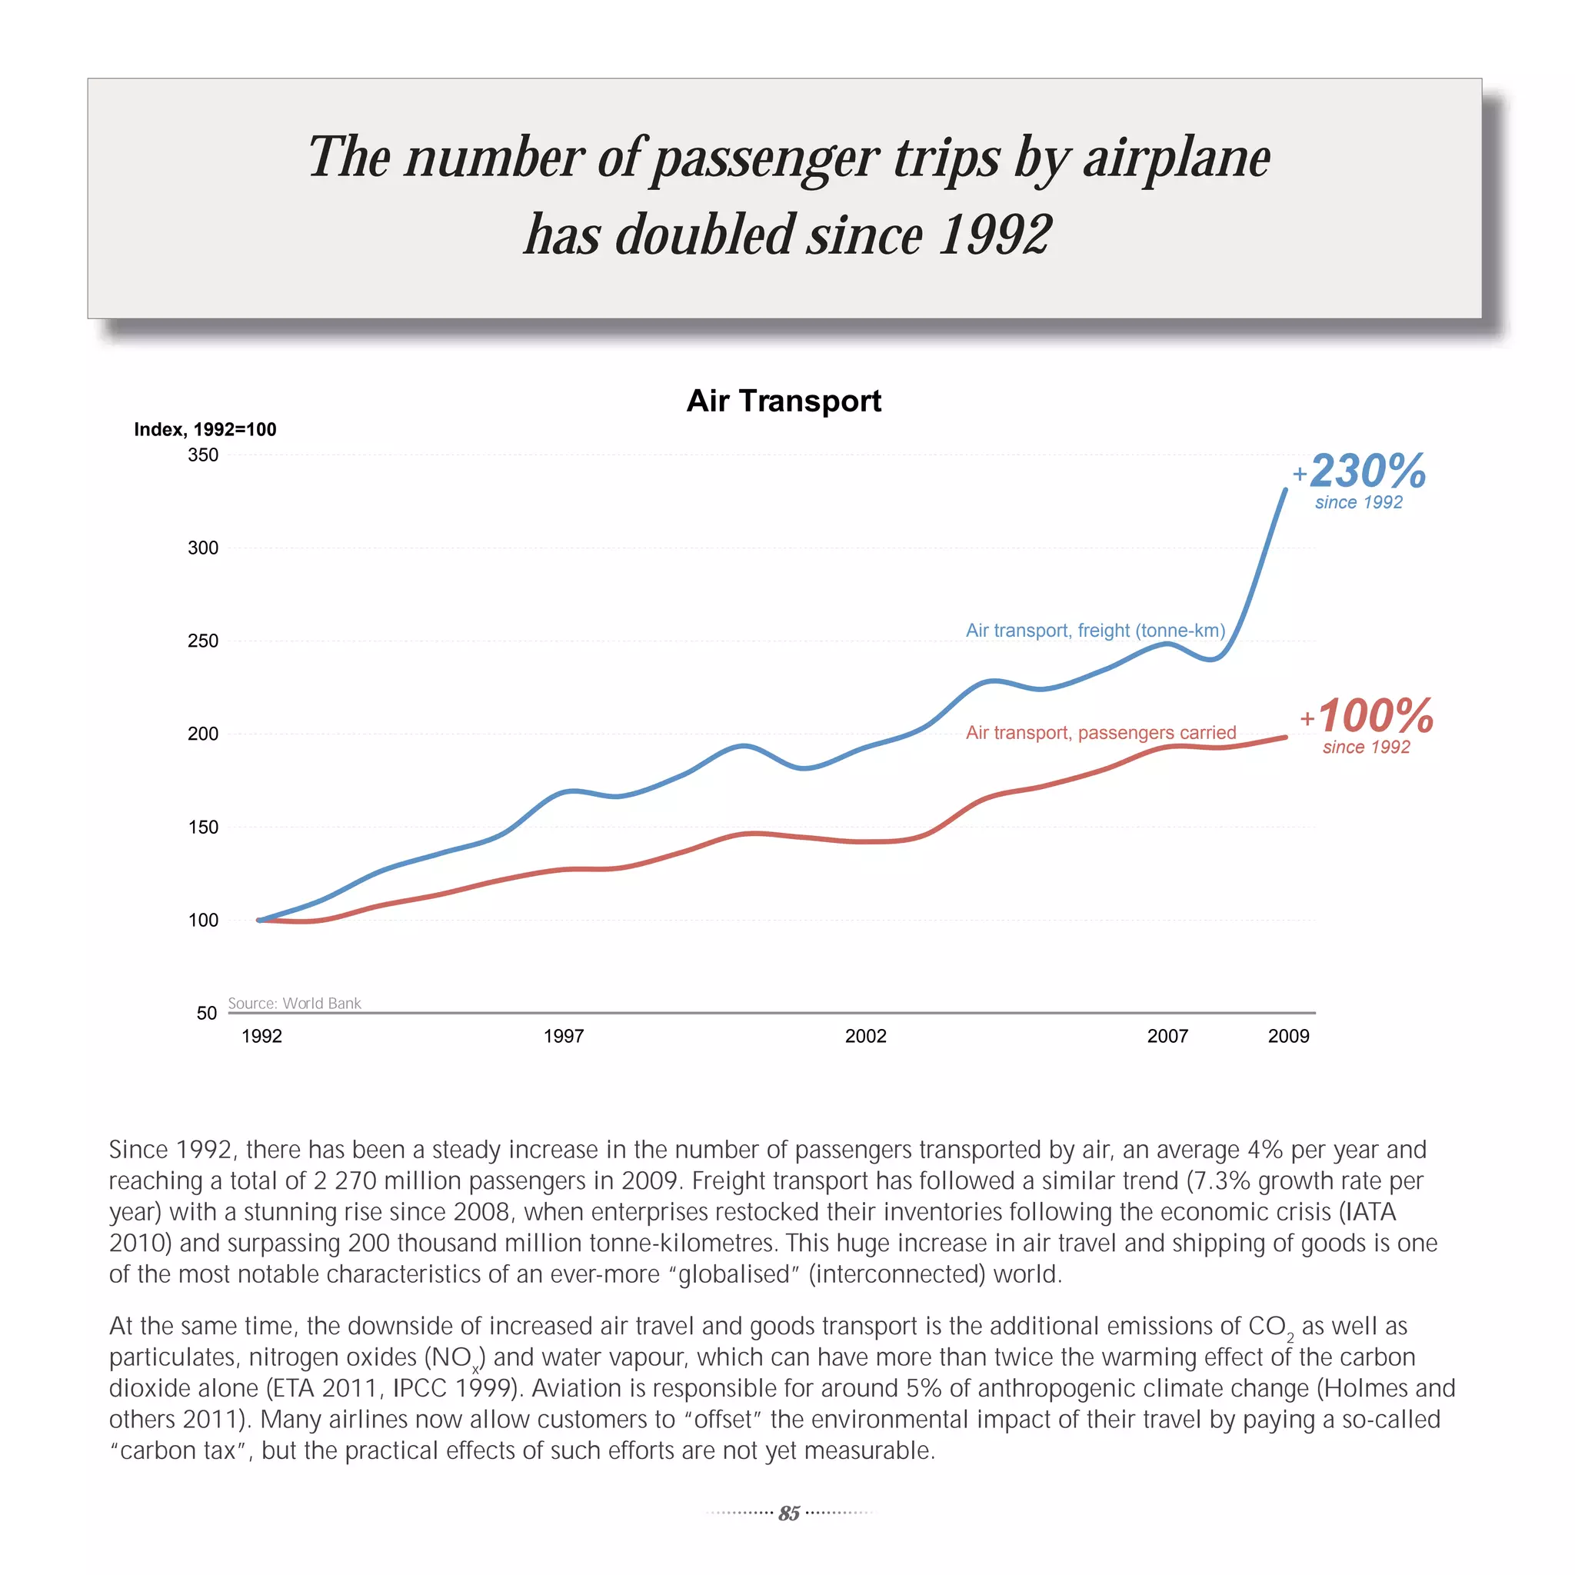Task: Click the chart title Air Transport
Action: (x=784, y=401)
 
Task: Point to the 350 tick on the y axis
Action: (x=203, y=455)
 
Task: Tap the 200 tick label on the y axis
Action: (x=203, y=734)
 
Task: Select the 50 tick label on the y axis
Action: (x=206, y=1013)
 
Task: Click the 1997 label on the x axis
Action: (x=563, y=1036)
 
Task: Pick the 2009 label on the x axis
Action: (x=1288, y=1036)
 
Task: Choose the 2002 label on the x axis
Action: (x=865, y=1036)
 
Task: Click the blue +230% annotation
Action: (x=1360, y=471)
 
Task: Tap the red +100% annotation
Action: (x=1367, y=716)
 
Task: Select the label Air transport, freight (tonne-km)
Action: (x=1096, y=630)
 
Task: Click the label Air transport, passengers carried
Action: (x=1101, y=732)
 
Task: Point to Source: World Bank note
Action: (x=295, y=1003)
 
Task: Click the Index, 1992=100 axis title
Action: (x=205, y=430)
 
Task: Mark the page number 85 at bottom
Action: (x=788, y=1513)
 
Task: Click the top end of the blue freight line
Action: (x=1286, y=490)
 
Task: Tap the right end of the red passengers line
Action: (x=1286, y=737)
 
